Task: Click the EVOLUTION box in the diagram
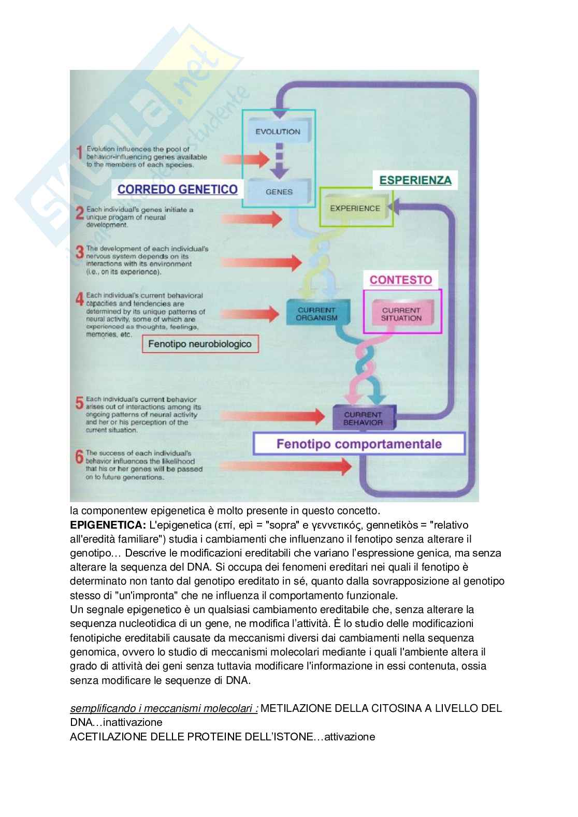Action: click(x=278, y=132)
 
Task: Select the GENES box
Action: click(x=279, y=191)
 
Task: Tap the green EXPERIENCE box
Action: click(x=355, y=208)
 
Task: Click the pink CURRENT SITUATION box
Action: click(x=402, y=314)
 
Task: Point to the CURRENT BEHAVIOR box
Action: click(x=363, y=418)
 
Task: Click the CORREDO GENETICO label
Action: click(x=178, y=189)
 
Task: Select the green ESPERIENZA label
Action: click(x=415, y=180)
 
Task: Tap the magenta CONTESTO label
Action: click(x=401, y=280)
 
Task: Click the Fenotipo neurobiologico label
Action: click(x=200, y=343)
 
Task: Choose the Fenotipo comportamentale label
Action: click(x=359, y=444)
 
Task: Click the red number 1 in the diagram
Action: click(x=79, y=152)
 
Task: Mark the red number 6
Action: click(x=79, y=457)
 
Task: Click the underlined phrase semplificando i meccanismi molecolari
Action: click(x=164, y=708)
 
